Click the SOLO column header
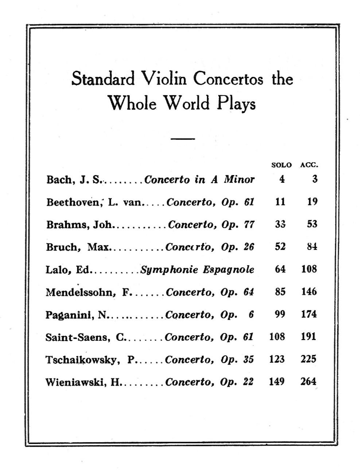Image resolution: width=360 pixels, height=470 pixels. [x=281, y=165]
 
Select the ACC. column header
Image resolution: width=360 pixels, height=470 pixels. [x=309, y=165]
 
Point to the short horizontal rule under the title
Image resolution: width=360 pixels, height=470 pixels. [x=183, y=139]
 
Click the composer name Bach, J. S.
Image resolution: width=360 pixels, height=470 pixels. [x=73, y=180]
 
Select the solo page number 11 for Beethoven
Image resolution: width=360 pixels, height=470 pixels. [x=280, y=202]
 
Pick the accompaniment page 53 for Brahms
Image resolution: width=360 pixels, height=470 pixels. [x=312, y=224]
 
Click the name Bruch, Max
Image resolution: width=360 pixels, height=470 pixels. [x=77, y=247]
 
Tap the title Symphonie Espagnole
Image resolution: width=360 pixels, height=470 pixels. [x=197, y=270]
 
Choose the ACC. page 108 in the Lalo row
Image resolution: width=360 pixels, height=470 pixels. [x=309, y=269]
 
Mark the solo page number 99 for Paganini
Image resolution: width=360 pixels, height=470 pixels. [x=280, y=314]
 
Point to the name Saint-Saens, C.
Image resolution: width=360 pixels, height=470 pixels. [x=85, y=337]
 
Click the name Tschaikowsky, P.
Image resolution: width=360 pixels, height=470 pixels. [x=90, y=360]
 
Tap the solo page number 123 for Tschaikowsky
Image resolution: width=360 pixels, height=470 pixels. [x=277, y=359]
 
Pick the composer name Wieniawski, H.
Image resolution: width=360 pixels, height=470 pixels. [x=83, y=382]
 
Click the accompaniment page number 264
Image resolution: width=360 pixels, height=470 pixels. [x=308, y=382]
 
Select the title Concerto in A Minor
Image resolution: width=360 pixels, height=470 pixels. [x=199, y=180]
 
